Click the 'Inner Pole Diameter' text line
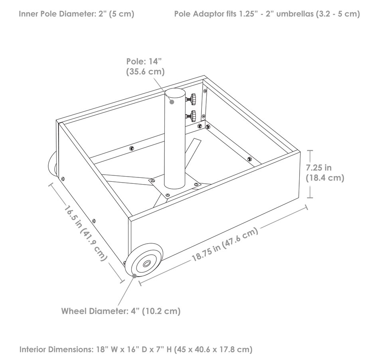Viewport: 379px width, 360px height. pyautogui.click(x=76, y=14)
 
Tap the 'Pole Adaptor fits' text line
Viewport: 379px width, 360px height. pyautogui.click(x=267, y=14)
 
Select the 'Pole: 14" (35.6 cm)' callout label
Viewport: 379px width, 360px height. pyautogui.click(x=145, y=67)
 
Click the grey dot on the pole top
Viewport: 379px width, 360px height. pyautogui.click(x=172, y=102)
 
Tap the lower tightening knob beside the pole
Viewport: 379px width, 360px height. pyautogui.click(x=193, y=116)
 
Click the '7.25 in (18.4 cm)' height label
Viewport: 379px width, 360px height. pyautogui.click(x=325, y=173)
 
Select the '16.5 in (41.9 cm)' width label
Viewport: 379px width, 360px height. pyautogui.click(x=86, y=233)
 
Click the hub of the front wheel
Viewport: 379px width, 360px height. pyautogui.click(x=146, y=264)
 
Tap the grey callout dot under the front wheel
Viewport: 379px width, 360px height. pyautogui.click(x=134, y=275)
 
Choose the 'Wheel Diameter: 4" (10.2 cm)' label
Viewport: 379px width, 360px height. pyautogui.click(x=121, y=311)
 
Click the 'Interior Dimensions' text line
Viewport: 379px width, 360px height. pyautogui.click(x=136, y=350)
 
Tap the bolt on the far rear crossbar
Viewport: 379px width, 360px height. pyautogui.click(x=132, y=148)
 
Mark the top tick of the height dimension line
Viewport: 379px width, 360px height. pyautogui.click(x=310, y=150)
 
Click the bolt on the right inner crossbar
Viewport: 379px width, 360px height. pyautogui.click(x=250, y=159)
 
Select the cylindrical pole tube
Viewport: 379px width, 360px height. pyautogui.click(x=174, y=138)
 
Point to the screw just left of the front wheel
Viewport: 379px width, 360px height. pyautogui.click(x=124, y=263)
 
